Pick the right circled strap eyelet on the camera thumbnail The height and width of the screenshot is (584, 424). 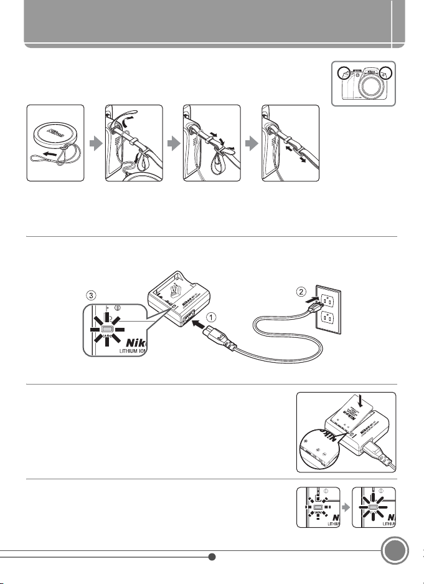click(x=387, y=73)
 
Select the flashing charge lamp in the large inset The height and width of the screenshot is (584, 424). click(x=105, y=329)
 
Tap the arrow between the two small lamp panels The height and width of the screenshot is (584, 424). click(x=341, y=508)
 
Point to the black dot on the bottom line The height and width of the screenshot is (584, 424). click(x=212, y=557)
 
